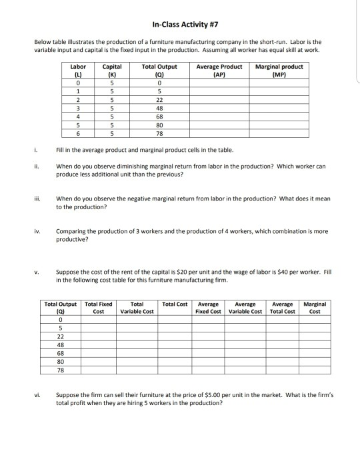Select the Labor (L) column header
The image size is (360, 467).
[x=78, y=70]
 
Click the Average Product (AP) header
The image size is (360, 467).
[x=219, y=70]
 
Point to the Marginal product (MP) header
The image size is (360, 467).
[x=279, y=70]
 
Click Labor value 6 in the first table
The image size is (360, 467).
[x=78, y=132]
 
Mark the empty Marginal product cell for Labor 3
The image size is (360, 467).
[x=279, y=109]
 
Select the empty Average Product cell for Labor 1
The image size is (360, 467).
[x=219, y=93]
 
